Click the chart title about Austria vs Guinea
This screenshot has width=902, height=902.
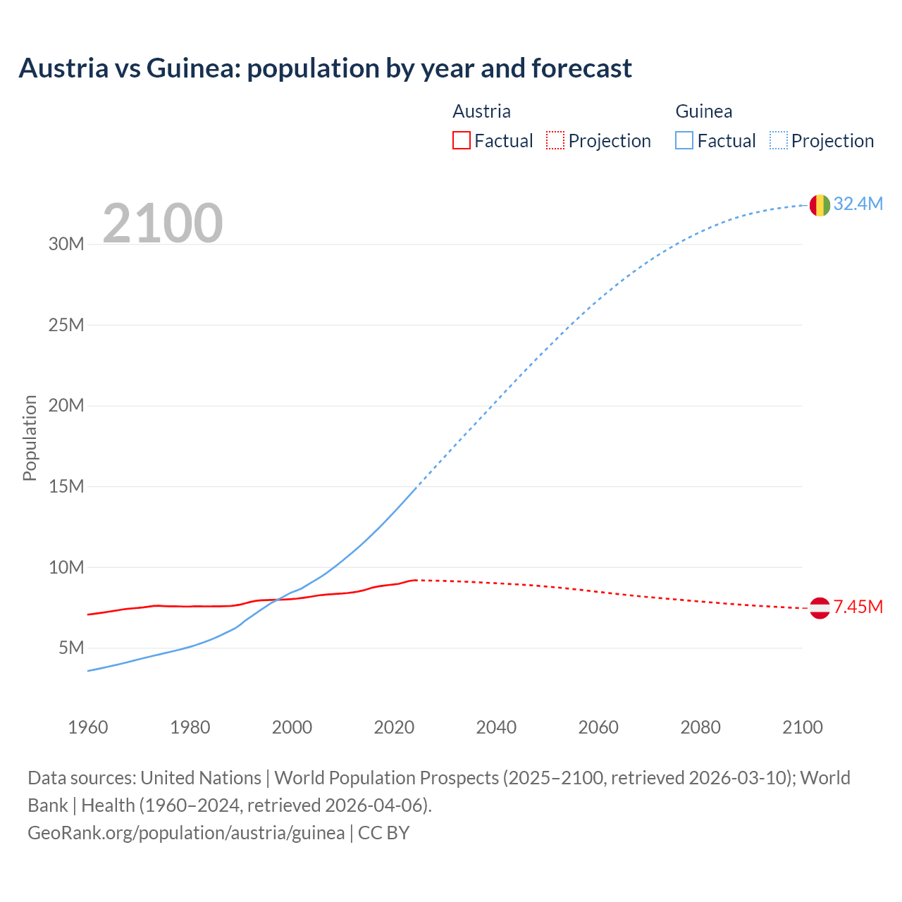click(325, 68)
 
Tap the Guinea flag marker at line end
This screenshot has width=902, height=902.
click(820, 205)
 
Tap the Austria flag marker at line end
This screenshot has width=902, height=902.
click(820, 607)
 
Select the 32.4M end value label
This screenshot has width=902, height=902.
click(858, 204)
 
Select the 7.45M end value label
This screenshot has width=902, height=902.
click(858, 607)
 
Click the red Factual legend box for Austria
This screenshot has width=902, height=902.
click(461, 141)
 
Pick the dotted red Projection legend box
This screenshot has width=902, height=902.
click(555, 141)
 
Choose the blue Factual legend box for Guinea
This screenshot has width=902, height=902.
click(684, 141)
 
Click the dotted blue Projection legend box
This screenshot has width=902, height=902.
click(779, 141)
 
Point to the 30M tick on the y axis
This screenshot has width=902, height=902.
click(66, 245)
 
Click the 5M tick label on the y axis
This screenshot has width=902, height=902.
click(71, 648)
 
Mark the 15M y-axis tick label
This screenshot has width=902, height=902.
click(66, 486)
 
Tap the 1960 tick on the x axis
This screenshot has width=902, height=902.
click(88, 727)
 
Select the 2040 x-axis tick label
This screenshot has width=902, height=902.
click(496, 727)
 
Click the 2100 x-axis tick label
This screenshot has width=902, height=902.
click(802, 727)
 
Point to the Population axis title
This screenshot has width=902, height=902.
click(30, 438)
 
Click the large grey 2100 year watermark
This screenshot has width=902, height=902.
click(163, 223)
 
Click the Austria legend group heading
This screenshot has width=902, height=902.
click(481, 111)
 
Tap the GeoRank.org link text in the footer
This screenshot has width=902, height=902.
click(186, 833)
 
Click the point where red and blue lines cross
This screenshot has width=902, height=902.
click(277, 600)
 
